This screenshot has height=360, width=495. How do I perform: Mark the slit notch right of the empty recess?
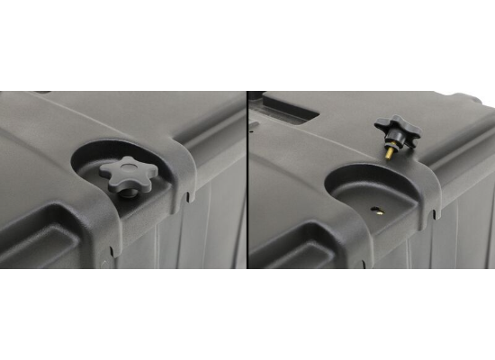coord(434,214)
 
